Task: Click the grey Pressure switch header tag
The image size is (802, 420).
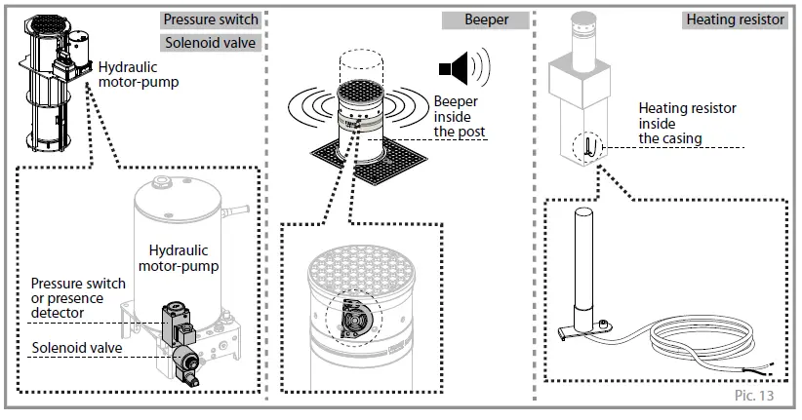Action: (x=211, y=19)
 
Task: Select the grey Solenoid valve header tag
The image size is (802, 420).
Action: (x=211, y=43)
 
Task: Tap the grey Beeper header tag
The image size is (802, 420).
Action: (x=486, y=19)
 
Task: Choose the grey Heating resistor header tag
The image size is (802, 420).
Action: (x=735, y=19)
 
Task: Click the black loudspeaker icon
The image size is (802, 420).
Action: (x=464, y=67)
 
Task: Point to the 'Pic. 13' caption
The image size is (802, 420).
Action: (x=754, y=395)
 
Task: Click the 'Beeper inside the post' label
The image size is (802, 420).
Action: (x=460, y=117)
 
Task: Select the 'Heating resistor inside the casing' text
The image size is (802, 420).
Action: (x=687, y=123)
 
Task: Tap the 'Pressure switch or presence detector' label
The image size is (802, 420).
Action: (x=78, y=298)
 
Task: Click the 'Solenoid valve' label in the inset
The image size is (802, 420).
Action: (x=77, y=348)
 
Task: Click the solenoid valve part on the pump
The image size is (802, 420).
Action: (x=187, y=364)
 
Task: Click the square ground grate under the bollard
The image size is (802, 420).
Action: (x=369, y=161)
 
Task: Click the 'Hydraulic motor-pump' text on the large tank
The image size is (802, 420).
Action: (x=179, y=258)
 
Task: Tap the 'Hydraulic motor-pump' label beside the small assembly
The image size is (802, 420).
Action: (x=139, y=75)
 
